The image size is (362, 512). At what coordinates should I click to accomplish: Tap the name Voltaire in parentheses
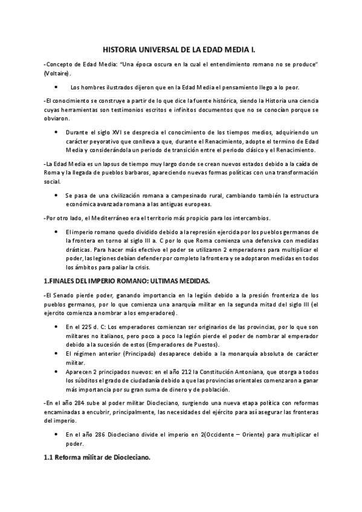tap(56, 74)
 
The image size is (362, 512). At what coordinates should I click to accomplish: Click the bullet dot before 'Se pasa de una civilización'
tap(56, 196)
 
